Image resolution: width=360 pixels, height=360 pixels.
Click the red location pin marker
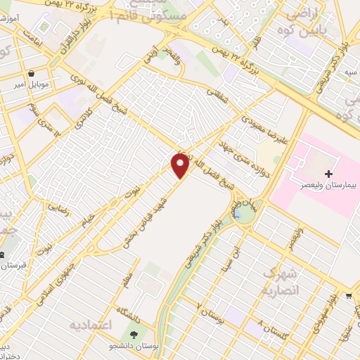pos(181,166)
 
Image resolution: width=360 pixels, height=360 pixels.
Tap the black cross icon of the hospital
pos(328,173)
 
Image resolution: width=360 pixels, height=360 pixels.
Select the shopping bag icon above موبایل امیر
pos(32,72)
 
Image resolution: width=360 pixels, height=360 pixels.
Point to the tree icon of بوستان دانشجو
pos(131,333)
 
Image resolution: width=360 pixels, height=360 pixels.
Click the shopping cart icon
pos(349,296)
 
